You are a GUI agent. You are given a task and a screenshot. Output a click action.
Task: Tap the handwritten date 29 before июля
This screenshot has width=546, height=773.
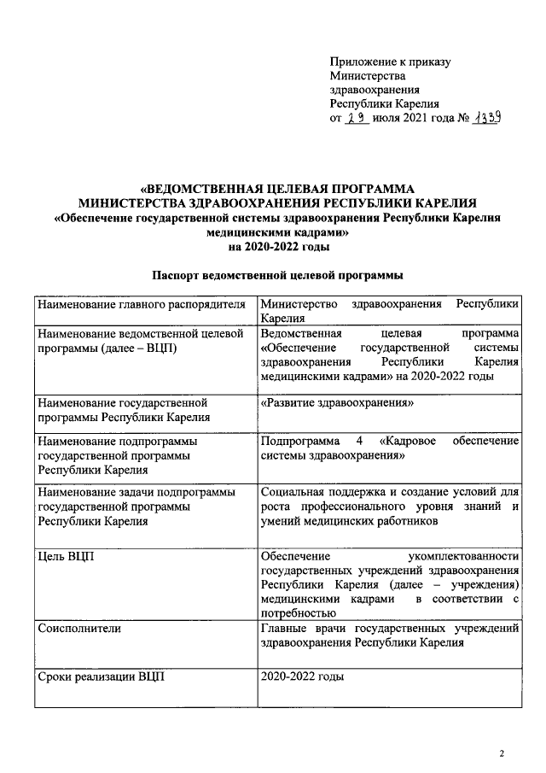tap(357, 118)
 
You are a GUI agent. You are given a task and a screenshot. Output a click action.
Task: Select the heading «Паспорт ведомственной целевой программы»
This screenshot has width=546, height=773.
tap(277, 276)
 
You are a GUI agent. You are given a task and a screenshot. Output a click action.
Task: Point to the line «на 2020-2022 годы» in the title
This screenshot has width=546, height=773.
tap(277, 246)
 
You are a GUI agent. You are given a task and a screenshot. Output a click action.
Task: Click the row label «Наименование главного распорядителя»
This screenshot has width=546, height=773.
tap(141, 304)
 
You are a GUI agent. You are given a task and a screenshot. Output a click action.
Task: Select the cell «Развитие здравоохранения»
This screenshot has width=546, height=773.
tap(338, 402)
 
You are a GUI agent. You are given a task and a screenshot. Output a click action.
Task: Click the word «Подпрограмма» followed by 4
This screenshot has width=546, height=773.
tap(299, 442)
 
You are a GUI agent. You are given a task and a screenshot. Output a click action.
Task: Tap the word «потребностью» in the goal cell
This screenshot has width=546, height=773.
tap(299, 612)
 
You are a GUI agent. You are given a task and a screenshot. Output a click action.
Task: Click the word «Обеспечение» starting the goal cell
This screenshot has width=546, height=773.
tap(296, 557)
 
